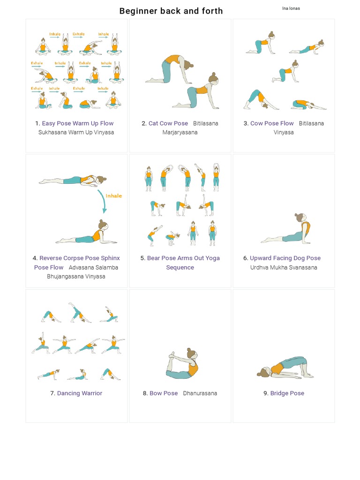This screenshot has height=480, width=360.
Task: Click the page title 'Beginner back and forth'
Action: click(x=171, y=11)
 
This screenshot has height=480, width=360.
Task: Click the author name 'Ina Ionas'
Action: click(x=291, y=8)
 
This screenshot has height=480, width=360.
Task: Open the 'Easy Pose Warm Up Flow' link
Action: click(x=78, y=123)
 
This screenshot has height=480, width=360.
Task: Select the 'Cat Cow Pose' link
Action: click(x=168, y=123)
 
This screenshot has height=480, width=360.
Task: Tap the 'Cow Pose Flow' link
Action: click(x=272, y=123)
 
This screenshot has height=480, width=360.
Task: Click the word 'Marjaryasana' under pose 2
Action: click(x=180, y=133)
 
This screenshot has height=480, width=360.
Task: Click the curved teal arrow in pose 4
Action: click(x=102, y=201)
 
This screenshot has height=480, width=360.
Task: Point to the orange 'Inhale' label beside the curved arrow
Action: click(x=114, y=196)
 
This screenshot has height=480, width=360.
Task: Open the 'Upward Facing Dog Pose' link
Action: click(x=285, y=258)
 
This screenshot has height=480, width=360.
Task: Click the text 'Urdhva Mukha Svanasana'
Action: click(x=284, y=268)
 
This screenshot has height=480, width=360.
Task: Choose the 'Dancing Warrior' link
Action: click(x=80, y=393)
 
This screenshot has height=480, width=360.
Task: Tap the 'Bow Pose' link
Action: click(x=164, y=393)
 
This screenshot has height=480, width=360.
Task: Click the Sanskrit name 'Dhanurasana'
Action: click(x=200, y=393)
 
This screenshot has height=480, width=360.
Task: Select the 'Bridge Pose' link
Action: click(x=287, y=393)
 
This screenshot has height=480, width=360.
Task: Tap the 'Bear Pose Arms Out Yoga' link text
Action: click(x=183, y=258)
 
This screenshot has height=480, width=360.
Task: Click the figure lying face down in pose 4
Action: click(x=73, y=180)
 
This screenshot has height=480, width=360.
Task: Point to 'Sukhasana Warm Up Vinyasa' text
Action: click(x=76, y=133)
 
